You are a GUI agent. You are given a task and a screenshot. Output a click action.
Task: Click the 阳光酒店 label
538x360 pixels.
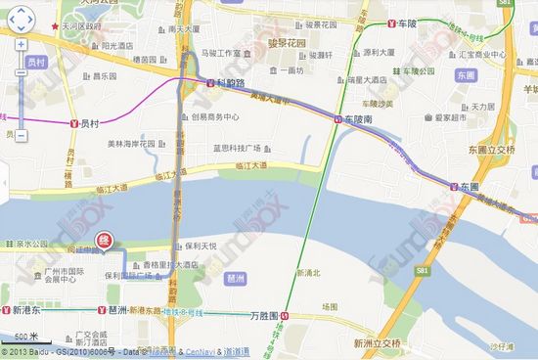[x=115, y=45]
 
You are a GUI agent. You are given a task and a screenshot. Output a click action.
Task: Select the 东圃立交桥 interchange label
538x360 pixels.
[x=491, y=150]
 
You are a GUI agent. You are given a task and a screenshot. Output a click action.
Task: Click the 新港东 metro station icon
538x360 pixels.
[x=6, y=310]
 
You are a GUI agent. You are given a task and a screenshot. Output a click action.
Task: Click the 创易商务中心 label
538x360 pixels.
[x=215, y=116]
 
